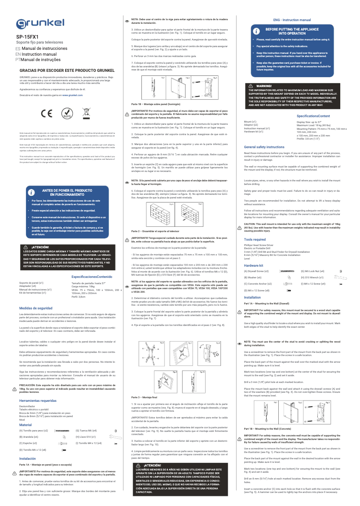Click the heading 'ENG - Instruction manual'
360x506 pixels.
[x=292, y=21]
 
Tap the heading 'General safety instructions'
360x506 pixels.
[x=264, y=147]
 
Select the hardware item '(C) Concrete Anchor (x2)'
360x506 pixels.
[x=258, y=284]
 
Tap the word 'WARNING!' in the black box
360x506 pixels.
[x=264, y=86]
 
